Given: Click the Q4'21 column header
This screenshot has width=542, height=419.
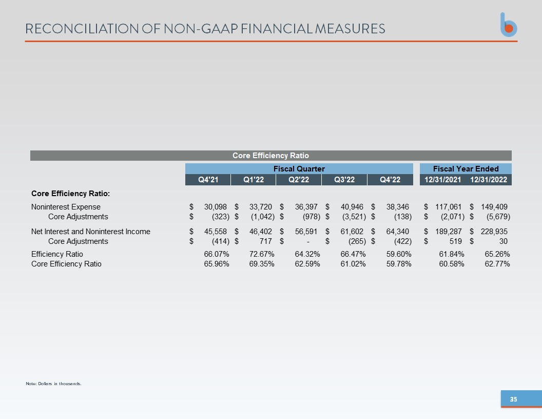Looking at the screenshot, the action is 208,180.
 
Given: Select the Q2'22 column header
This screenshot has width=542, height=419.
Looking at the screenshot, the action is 299,180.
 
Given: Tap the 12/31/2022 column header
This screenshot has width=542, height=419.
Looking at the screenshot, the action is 489,180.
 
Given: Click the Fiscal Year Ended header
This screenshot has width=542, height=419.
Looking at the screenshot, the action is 466,169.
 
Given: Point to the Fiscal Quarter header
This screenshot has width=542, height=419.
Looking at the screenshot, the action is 299,169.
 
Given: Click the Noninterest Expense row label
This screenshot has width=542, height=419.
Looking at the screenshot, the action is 66,207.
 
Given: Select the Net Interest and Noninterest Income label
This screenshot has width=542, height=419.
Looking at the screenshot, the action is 90,231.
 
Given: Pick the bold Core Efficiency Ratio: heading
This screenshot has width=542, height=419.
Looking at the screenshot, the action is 70,194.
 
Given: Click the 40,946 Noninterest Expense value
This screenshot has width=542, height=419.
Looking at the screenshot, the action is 352,207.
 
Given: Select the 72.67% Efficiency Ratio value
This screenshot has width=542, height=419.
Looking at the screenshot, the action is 262,254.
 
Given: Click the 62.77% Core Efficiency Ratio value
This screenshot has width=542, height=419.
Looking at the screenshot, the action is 497,264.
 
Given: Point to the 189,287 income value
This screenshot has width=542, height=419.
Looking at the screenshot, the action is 448,231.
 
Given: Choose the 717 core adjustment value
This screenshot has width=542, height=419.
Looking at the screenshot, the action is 266,241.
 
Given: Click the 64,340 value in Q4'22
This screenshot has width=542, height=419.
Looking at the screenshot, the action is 397,231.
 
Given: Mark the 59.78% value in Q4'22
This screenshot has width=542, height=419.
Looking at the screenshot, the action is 399,264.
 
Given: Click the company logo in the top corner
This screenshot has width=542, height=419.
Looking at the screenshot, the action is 509,25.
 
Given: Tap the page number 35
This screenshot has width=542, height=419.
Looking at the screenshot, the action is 514,399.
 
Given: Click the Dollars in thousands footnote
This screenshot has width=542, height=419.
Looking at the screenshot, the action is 53,384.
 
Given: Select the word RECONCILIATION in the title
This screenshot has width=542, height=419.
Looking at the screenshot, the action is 82,29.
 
